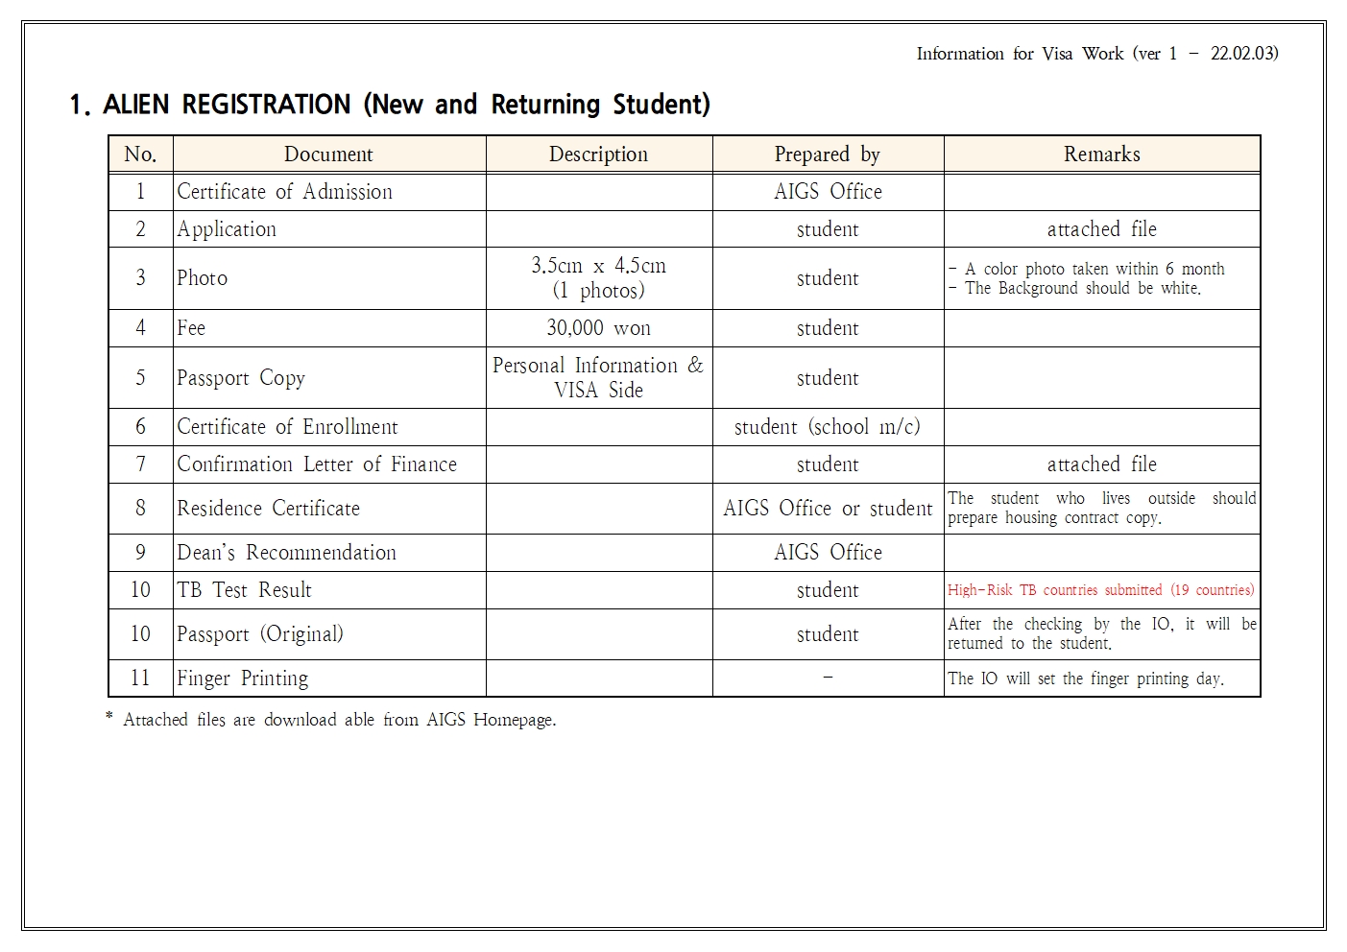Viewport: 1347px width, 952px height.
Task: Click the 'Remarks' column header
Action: pyautogui.click(x=1101, y=155)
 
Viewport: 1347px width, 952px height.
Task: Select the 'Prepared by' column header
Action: pyautogui.click(x=827, y=155)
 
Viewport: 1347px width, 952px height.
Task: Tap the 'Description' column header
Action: pyautogui.click(x=598, y=155)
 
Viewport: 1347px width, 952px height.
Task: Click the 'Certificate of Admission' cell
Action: pyautogui.click(x=284, y=192)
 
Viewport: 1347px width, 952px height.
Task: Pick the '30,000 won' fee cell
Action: pyautogui.click(x=598, y=328)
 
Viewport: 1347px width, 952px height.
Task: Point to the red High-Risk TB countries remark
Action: pyautogui.click(x=1100, y=590)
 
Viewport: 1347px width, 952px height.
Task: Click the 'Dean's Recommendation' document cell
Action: pyautogui.click(x=286, y=553)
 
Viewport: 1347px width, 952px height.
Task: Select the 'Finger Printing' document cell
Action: pyautogui.click(x=242, y=678)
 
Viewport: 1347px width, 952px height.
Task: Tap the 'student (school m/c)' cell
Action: pyautogui.click(x=827, y=427)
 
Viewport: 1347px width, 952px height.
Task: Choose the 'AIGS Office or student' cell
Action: pyautogui.click(x=827, y=509)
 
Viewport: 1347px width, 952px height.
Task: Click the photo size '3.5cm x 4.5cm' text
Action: pyautogui.click(x=598, y=266)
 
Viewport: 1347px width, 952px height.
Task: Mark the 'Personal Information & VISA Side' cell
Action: pyautogui.click(x=598, y=377)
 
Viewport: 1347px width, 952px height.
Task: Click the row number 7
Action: pyautogui.click(x=140, y=464)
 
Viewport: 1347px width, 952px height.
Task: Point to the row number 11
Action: pyautogui.click(x=140, y=678)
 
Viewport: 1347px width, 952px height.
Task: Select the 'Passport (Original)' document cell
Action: pyautogui.click(x=259, y=634)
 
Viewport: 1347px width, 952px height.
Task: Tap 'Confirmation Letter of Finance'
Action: pyautogui.click(x=317, y=464)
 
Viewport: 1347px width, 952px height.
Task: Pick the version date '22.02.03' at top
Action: pyautogui.click(x=1243, y=54)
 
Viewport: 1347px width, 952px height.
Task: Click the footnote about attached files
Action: pyautogui.click(x=331, y=720)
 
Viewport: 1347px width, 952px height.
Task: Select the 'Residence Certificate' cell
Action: pyautogui.click(x=268, y=509)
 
